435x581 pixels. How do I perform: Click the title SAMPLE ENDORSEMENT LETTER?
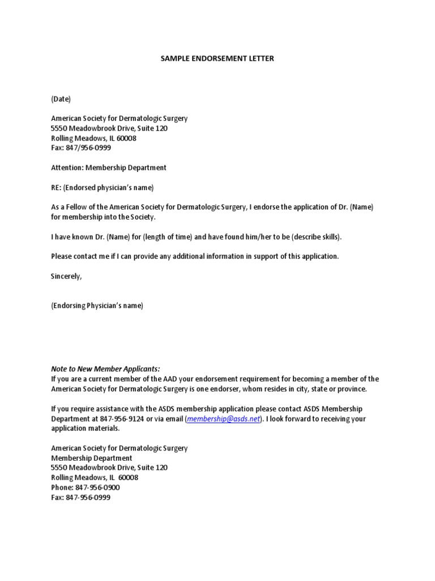tap(217, 58)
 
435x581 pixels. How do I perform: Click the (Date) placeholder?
tap(61, 99)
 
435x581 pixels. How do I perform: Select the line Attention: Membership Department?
tap(109, 168)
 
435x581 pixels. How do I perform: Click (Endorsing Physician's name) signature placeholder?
tap(97, 306)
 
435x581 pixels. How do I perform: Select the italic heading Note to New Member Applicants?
tap(105, 369)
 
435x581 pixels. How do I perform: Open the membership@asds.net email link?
tap(223, 419)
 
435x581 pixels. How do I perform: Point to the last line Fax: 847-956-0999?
tap(80, 498)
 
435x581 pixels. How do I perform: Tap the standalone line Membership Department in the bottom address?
tap(91, 458)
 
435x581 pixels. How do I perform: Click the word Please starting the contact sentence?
tap(63, 256)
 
